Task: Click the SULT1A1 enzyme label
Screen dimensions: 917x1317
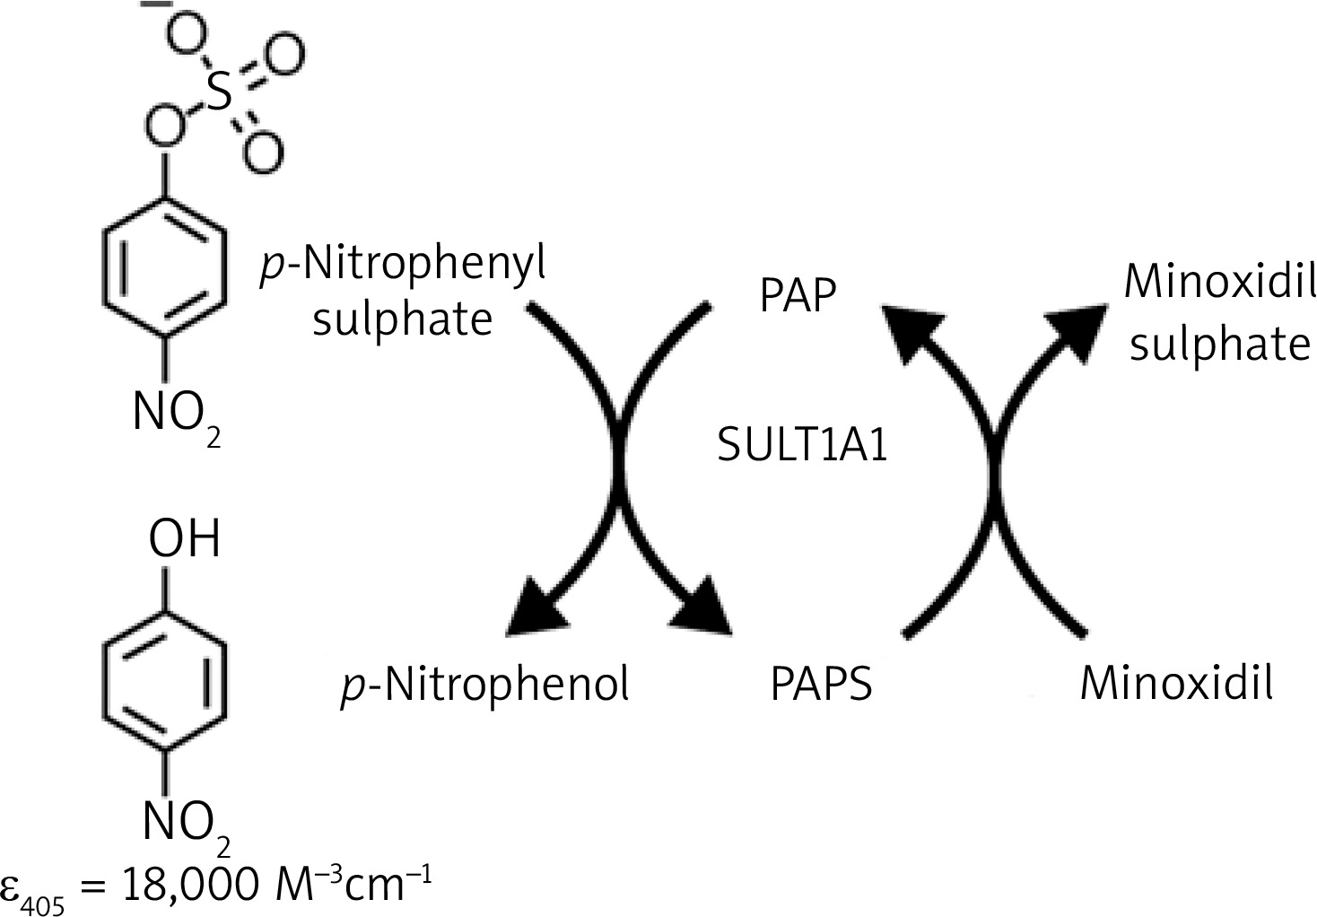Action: click(x=802, y=444)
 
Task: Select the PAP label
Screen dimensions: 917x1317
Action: click(x=798, y=296)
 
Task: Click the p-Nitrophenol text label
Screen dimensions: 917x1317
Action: click(x=484, y=685)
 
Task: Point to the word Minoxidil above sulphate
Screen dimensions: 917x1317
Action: click(x=1219, y=284)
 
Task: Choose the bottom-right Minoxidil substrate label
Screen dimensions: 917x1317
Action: click(x=1176, y=684)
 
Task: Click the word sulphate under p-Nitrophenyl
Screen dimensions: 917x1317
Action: click(x=402, y=319)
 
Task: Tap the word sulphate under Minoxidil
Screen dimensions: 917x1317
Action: click(x=1219, y=344)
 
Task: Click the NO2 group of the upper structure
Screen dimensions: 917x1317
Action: click(x=172, y=415)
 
